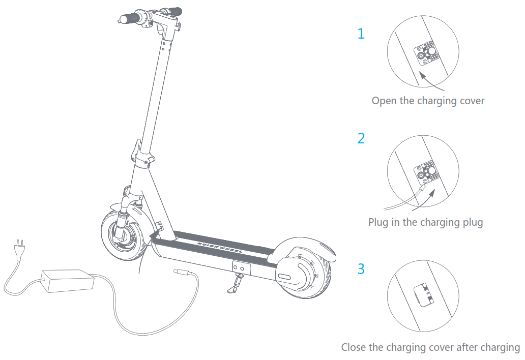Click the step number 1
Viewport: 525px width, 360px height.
tap(361, 34)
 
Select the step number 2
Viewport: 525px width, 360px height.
tap(361, 138)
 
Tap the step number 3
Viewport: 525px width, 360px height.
tap(361, 268)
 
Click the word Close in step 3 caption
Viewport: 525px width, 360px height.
tap(354, 348)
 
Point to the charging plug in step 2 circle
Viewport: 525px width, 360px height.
tap(420, 191)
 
